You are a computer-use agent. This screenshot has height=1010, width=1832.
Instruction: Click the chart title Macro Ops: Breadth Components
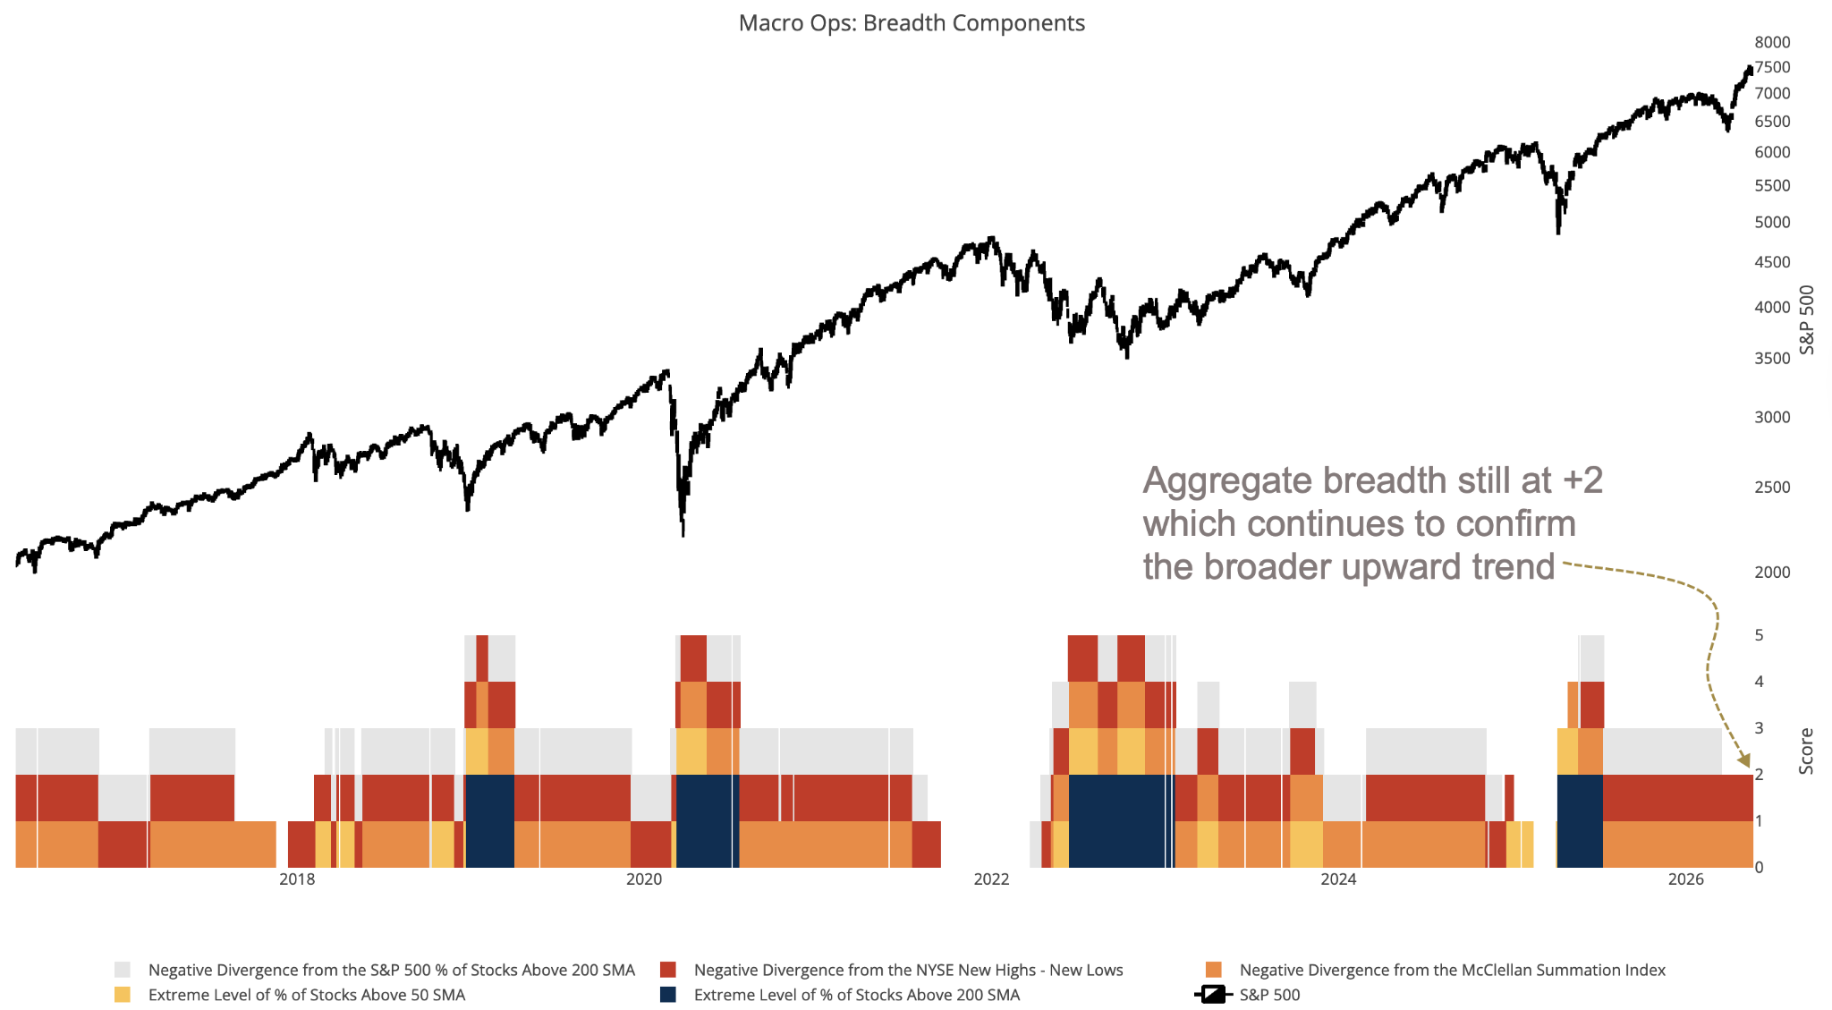tap(912, 23)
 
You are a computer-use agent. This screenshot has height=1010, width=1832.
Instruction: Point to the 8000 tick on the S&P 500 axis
tap(1772, 42)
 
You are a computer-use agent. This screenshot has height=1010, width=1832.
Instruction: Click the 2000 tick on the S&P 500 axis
tap(1772, 573)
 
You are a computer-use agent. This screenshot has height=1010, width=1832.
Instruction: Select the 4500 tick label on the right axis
tap(1772, 262)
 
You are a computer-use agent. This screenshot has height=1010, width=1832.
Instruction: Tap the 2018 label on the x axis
tap(297, 879)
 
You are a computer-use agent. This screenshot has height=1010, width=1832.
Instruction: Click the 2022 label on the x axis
tap(991, 879)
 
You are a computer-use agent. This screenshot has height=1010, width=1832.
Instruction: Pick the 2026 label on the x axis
tap(1686, 879)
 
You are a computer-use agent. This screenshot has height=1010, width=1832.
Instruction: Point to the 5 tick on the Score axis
tap(1760, 635)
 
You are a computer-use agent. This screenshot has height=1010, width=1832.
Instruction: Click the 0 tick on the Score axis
tap(1760, 867)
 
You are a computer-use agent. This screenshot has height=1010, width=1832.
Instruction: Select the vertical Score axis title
tap(1806, 751)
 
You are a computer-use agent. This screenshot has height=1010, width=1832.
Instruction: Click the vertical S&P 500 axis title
tap(1806, 320)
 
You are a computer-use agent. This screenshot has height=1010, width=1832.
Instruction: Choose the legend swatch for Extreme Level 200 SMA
tap(668, 995)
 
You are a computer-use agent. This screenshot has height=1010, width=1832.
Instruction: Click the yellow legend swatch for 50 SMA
tap(123, 995)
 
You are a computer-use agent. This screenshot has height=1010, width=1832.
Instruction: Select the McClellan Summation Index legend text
tap(1453, 970)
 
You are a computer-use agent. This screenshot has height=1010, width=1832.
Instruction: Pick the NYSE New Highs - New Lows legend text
tap(908, 970)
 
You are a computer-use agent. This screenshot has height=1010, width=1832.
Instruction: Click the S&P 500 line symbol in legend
tap(1213, 995)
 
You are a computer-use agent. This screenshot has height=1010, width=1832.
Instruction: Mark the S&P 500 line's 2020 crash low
tap(683, 533)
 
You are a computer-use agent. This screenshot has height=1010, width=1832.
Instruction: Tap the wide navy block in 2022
tap(1121, 821)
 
